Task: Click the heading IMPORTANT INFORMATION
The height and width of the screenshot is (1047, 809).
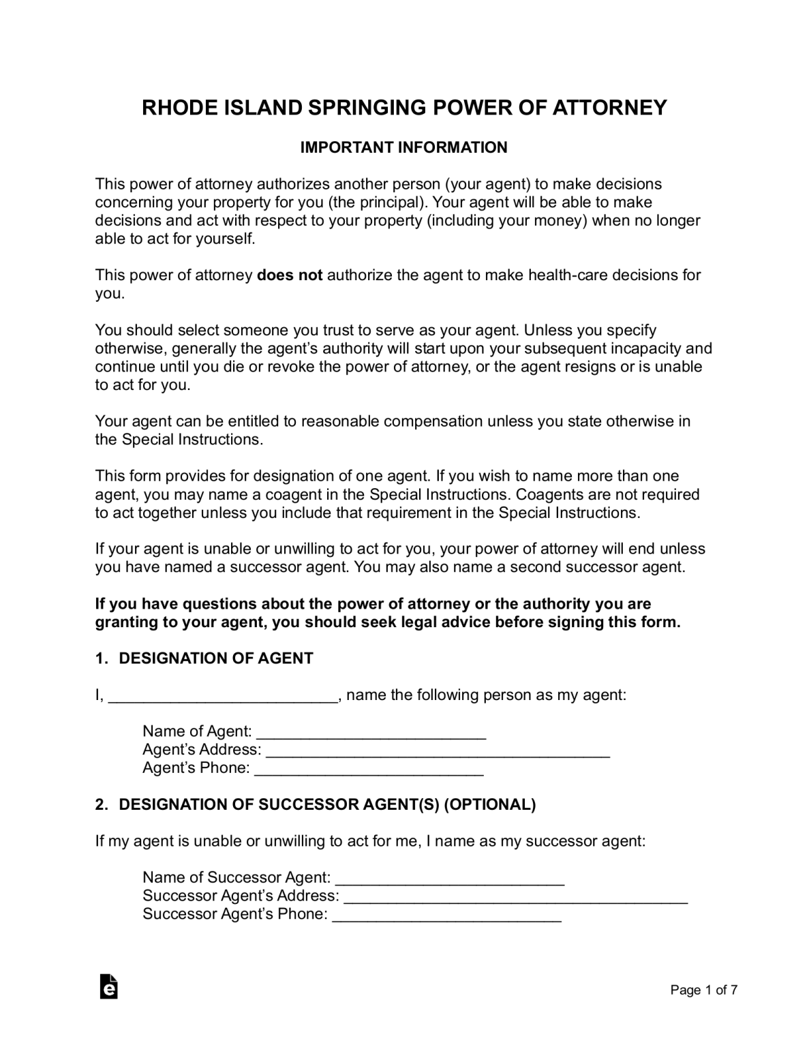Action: click(x=404, y=148)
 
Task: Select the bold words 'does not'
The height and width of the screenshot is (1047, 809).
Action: click(x=290, y=275)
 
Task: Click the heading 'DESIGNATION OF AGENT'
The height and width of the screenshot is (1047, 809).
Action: click(x=216, y=658)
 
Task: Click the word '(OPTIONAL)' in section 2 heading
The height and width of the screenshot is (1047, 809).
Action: click(x=490, y=804)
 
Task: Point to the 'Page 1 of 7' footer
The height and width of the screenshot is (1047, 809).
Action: click(x=704, y=990)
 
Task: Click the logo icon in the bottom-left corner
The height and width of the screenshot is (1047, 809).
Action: click(x=108, y=987)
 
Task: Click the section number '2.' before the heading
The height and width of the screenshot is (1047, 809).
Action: click(x=102, y=804)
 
